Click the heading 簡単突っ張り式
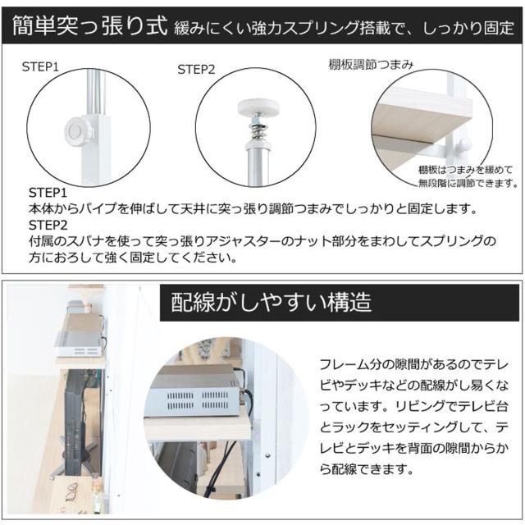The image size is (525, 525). (89, 25)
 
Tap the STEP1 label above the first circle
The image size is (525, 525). (40, 67)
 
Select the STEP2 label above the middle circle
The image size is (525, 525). (196, 70)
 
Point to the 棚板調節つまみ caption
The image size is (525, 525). (371, 64)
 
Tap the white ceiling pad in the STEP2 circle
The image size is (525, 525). (258, 107)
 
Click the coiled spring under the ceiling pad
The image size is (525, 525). (258, 131)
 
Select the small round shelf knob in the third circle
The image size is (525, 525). (465, 144)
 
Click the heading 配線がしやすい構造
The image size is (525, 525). (272, 303)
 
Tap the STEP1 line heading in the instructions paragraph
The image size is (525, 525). (48, 193)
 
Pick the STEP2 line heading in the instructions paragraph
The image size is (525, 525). (48, 225)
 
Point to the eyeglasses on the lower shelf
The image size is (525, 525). (72, 491)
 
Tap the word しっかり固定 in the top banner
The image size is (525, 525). (468, 28)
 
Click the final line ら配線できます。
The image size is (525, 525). (367, 469)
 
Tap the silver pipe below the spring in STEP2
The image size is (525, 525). (258, 167)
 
